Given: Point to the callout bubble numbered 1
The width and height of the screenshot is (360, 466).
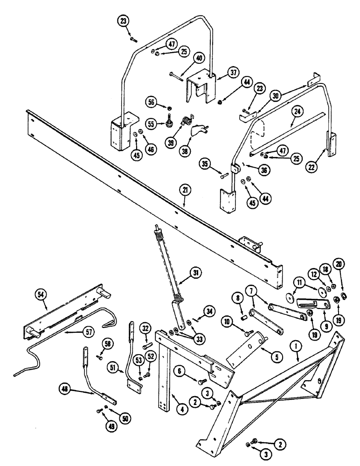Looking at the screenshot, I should tap(295, 346).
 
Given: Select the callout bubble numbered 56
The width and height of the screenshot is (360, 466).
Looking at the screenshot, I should tap(152, 103).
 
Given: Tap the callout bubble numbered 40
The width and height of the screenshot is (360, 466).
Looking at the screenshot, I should tap(200, 59).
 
